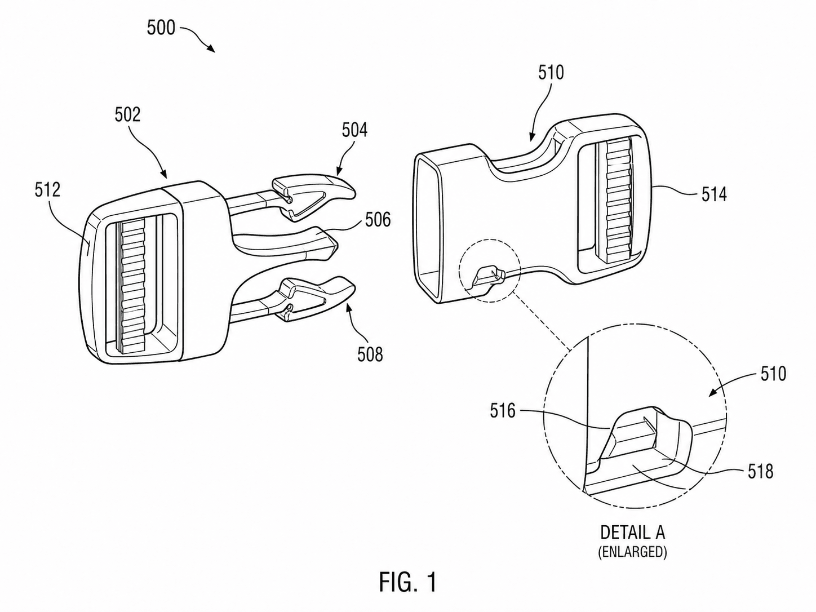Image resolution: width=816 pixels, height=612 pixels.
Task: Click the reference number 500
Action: coord(161,28)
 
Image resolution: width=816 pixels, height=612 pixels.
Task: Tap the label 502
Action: coord(127,114)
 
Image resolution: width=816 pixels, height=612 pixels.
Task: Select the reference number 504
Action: coord(354,130)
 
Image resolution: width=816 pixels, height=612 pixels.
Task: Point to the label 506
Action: coord(378,219)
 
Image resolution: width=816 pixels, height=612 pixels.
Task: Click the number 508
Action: coord(370,354)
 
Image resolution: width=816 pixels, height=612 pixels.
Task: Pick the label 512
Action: coord(47,190)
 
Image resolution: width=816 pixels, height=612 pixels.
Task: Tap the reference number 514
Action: coord(714,194)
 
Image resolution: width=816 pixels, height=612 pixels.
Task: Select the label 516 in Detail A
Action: coord(503,411)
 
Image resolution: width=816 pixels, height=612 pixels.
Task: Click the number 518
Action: coord(760,471)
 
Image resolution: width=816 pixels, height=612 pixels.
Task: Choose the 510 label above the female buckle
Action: coord(551,72)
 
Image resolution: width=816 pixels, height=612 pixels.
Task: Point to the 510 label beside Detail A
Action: coord(773,374)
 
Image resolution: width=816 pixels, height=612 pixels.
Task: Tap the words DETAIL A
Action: coord(632,532)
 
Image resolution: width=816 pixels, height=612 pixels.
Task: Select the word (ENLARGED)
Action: coord(632,552)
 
